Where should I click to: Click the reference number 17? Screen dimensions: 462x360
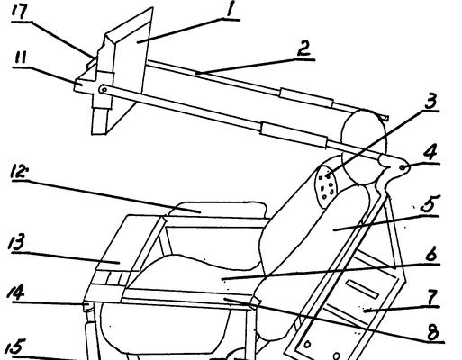click(x=20, y=12)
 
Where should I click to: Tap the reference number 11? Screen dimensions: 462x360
click(x=20, y=58)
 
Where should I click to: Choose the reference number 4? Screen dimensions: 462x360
click(x=430, y=154)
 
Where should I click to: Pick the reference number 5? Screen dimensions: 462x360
click(x=430, y=205)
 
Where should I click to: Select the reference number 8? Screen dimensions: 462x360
click(x=432, y=332)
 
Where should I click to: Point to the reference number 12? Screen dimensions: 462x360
click(x=17, y=172)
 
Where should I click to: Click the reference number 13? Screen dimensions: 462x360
click(x=16, y=243)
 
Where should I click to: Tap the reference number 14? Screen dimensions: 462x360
click(x=15, y=292)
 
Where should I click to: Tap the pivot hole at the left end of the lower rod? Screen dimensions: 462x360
click(x=104, y=89)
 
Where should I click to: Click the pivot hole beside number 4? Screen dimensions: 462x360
click(x=403, y=167)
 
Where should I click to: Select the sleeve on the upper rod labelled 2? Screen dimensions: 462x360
click(x=306, y=97)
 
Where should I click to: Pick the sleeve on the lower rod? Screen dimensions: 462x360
click(x=294, y=135)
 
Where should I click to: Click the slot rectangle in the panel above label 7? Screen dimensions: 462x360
click(x=363, y=289)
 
